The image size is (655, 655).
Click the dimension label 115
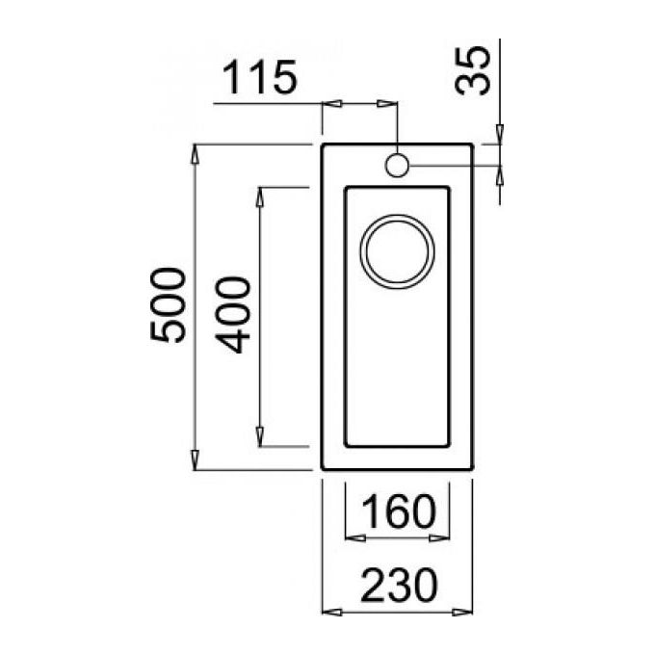pyautogui.click(x=259, y=77)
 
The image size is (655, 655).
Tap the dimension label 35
pyautogui.click(x=472, y=70)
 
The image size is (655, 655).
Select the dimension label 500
pyautogui.click(x=167, y=305)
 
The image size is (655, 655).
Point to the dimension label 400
pyautogui.click(x=233, y=315)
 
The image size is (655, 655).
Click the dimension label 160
pyautogui.click(x=399, y=511)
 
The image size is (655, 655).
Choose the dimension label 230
pyautogui.click(x=399, y=585)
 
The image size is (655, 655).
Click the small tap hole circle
pyautogui.click(x=397, y=166)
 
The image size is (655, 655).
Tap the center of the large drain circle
pyautogui.click(x=397, y=252)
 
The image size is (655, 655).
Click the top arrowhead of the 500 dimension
pyautogui.click(x=195, y=154)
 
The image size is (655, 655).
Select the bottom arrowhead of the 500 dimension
pyautogui.click(x=195, y=459)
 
